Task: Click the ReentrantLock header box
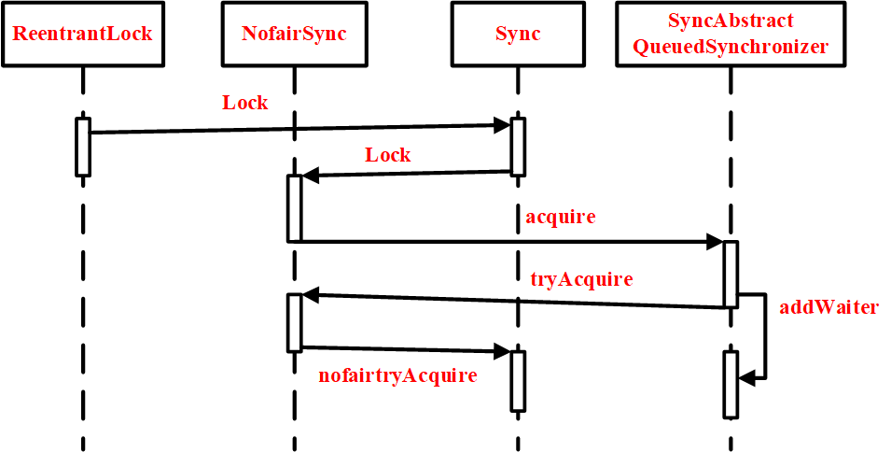point(82,35)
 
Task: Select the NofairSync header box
point(294,35)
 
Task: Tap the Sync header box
point(517,35)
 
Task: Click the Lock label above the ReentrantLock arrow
point(244,103)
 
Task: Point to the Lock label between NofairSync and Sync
point(387,155)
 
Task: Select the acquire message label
point(560,218)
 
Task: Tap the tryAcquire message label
point(581,279)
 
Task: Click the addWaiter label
point(828,306)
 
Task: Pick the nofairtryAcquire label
point(397,375)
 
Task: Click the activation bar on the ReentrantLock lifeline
point(82,147)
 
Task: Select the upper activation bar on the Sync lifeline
point(518,146)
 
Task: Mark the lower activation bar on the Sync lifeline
point(518,380)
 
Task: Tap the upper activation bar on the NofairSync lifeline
point(294,208)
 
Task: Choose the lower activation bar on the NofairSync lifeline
point(294,322)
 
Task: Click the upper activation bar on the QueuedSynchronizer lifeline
point(731,274)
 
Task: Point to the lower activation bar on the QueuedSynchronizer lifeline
point(731,384)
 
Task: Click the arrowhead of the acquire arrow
point(716,242)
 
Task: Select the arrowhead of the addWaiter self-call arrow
point(745,378)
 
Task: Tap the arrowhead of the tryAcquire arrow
point(311,296)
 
